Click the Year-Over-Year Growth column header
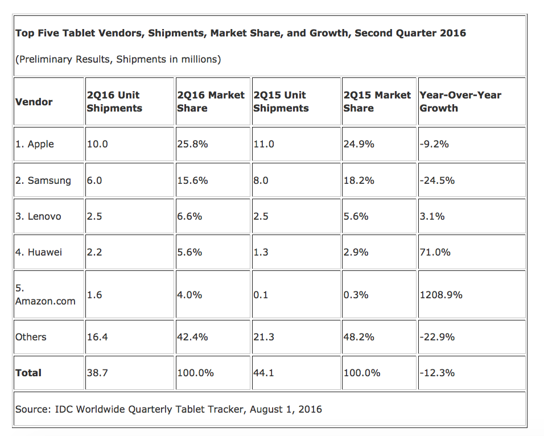(x=460, y=101)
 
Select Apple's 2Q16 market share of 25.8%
(x=192, y=144)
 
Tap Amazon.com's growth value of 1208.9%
(x=441, y=295)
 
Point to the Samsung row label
(x=43, y=180)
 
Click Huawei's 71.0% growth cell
(x=435, y=252)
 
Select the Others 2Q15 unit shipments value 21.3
(x=263, y=337)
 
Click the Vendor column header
(x=34, y=102)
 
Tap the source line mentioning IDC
(x=168, y=409)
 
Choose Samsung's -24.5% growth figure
(x=437, y=180)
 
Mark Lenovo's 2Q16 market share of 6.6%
(x=189, y=216)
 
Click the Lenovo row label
(x=38, y=216)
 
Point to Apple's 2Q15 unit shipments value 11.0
(x=263, y=144)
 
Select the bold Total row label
(x=28, y=373)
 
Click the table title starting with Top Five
(x=240, y=33)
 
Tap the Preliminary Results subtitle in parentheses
(x=118, y=59)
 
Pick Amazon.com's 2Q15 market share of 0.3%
(x=356, y=295)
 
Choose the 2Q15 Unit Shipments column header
(x=281, y=101)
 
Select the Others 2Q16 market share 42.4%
(x=192, y=337)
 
